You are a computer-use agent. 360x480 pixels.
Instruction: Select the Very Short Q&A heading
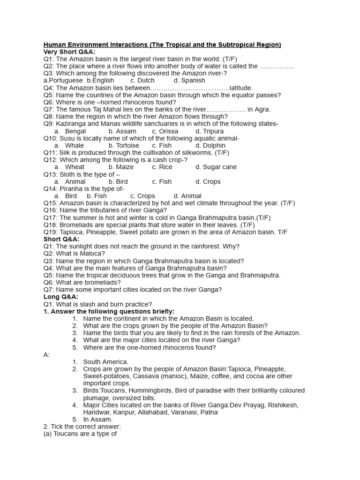click(x=69, y=52)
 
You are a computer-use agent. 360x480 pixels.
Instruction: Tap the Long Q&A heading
click(x=61, y=297)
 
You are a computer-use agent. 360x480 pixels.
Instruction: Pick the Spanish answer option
click(x=193, y=81)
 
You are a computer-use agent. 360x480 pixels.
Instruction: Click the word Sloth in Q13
click(x=68, y=174)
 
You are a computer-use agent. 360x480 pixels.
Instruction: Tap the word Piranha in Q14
click(x=71, y=189)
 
